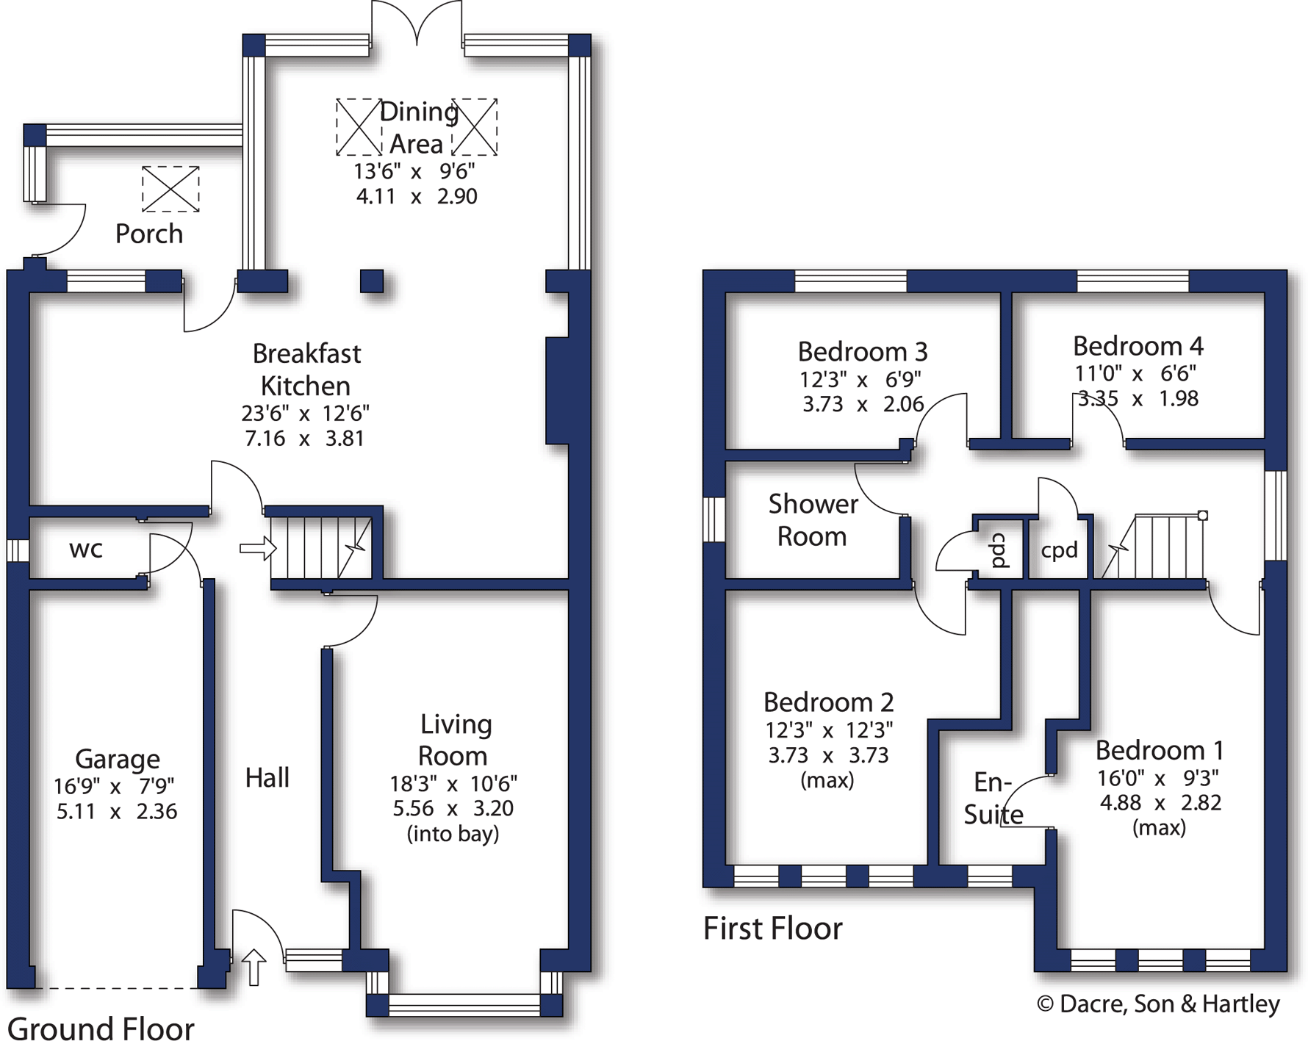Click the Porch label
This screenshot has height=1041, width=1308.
149,234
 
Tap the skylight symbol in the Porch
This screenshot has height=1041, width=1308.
170,189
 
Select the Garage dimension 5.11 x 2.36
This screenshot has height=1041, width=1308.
117,812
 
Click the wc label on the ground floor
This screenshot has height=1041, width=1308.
86,550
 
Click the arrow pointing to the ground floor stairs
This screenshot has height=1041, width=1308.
257,548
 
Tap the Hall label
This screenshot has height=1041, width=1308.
267,777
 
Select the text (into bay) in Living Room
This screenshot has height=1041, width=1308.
453,834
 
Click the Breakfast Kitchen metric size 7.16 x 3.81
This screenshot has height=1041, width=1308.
304,439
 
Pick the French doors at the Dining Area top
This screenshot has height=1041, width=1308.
417,26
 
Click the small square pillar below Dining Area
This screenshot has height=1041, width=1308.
372,281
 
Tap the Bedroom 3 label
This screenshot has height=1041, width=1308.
863,352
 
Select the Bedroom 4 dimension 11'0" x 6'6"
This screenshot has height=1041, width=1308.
1135,373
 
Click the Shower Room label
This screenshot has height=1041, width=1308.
813,520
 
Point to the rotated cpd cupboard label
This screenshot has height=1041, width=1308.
1000,550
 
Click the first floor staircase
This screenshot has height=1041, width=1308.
1161,547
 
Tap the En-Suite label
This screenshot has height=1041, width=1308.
993,799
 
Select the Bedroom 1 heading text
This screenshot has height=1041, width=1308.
1159,750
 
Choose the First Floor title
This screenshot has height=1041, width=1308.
772,929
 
